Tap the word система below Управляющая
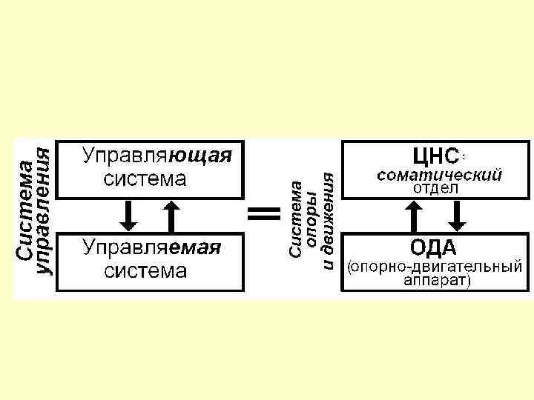tap(145, 180)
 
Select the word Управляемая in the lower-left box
tap(151, 247)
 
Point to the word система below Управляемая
tap(145, 270)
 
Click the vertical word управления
tap(46, 212)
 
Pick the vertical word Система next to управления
tap(25, 212)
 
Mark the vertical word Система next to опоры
tap(295, 220)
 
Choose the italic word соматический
tap(439, 176)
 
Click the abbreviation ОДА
tap(434, 247)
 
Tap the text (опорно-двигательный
tap(435, 265)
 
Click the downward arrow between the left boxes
tap(128, 216)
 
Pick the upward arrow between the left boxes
tap(171, 216)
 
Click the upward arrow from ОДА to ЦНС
tap(413, 216)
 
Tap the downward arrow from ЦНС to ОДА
tap(457, 216)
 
